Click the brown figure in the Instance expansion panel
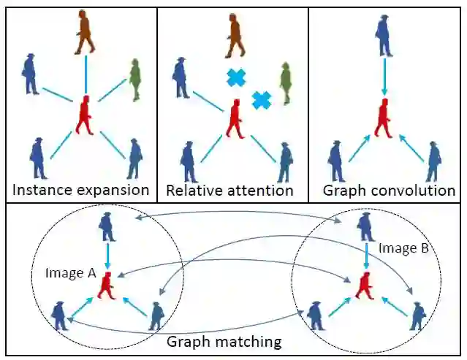pos(85,33)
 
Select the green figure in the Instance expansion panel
pos(134,80)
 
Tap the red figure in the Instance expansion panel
pos(86,115)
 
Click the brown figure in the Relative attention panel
pos(234,36)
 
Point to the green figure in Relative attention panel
pos(286,83)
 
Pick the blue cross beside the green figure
pos(261,99)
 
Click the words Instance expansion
pos(80,191)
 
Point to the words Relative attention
pos(229,191)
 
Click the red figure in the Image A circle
pos(109,286)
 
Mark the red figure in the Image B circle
pos(363,284)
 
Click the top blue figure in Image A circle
pos(108,227)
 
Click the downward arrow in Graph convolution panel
pos(382,77)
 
